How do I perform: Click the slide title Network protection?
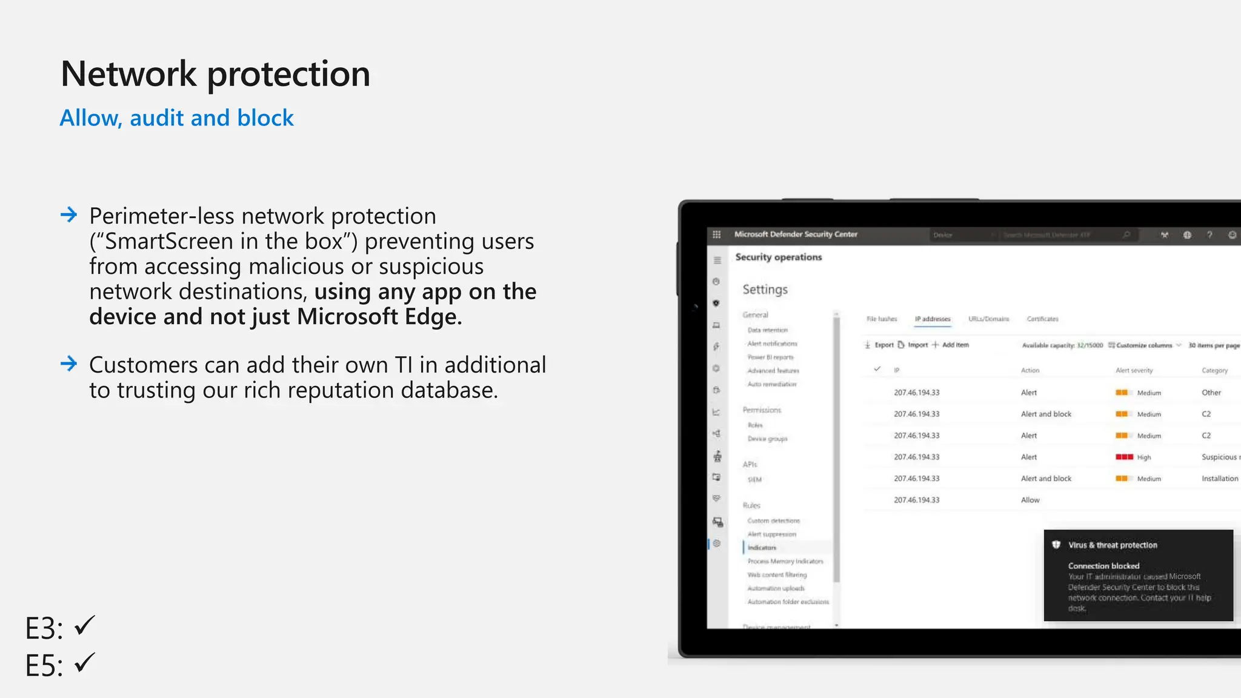tap(215, 74)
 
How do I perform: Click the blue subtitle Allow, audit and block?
tap(176, 118)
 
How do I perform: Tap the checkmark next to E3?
tap(85, 625)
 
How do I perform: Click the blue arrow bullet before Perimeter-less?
tap(69, 214)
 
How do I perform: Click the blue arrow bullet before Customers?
tap(69, 364)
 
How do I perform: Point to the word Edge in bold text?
tap(431, 316)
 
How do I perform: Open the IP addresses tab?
tap(933, 319)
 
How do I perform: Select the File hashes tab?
tap(882, 319)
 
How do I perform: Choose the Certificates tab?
tap(1042, 319)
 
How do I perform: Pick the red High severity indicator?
tap(1124, 457)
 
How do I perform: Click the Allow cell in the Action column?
tap(1030, 500)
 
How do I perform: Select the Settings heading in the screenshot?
tap(765, 290)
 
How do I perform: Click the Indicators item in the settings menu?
tap(762, 548)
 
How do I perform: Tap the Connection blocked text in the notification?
tap(1103, 566)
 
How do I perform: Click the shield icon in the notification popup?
tap(1056, 545)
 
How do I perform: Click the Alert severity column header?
tap(1134, 370)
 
